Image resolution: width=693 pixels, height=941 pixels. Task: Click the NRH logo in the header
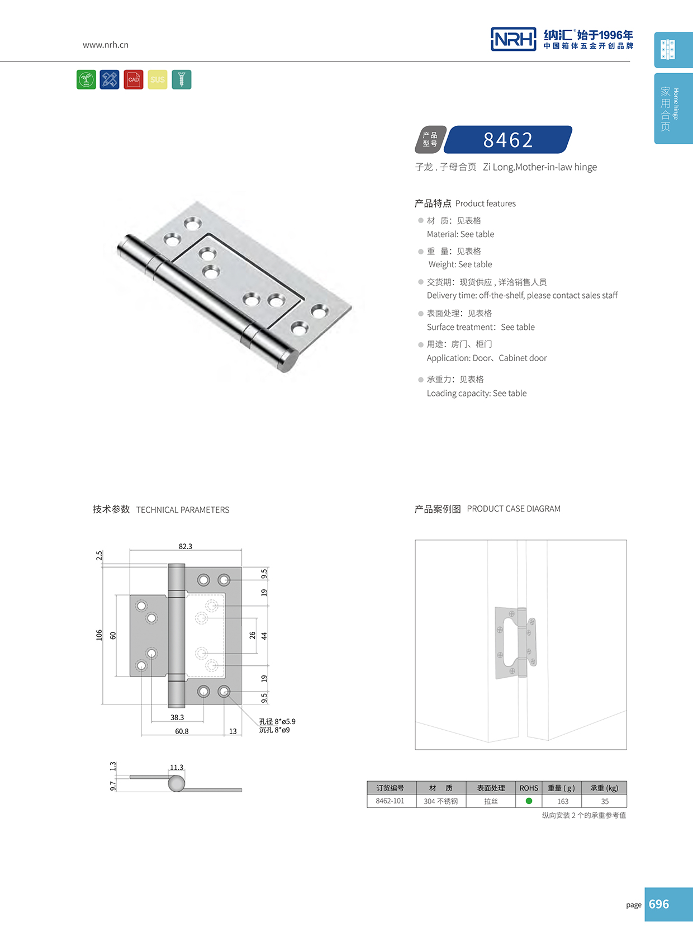coord(513,39)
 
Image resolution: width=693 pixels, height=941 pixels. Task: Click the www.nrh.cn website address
coord(106,45)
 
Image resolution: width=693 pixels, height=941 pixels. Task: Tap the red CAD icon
coord(134,79)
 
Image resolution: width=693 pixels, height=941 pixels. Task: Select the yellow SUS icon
coord(158,79)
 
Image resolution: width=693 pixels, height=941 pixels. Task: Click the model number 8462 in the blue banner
coord(508,140)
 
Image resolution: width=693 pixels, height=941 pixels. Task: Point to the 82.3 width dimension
coord(186,546)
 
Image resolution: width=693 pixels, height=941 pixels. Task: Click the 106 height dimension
coord(99,635)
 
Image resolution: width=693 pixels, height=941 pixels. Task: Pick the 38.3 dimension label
coord(177,717)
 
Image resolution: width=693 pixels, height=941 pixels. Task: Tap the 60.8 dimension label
coord(182,731)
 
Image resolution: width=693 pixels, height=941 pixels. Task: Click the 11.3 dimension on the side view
coord(177,768)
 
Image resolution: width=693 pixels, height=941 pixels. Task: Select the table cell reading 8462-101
coord(390,801)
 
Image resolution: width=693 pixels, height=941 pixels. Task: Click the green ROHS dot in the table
coord(529,801)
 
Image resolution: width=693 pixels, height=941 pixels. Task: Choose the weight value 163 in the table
coord(563,801)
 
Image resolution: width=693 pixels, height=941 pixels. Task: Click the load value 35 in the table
coord(605,801)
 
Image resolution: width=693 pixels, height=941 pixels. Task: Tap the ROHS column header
coord(529,788)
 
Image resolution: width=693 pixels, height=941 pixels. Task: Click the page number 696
coord(659,904)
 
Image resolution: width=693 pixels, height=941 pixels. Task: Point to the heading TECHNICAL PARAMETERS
coord(183,510)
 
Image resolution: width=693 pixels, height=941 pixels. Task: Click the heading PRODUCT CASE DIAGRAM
coord(514,509)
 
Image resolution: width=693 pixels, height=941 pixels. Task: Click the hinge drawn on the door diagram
coord(515,643)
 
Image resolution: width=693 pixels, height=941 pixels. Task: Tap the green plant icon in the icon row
coord(86,79)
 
